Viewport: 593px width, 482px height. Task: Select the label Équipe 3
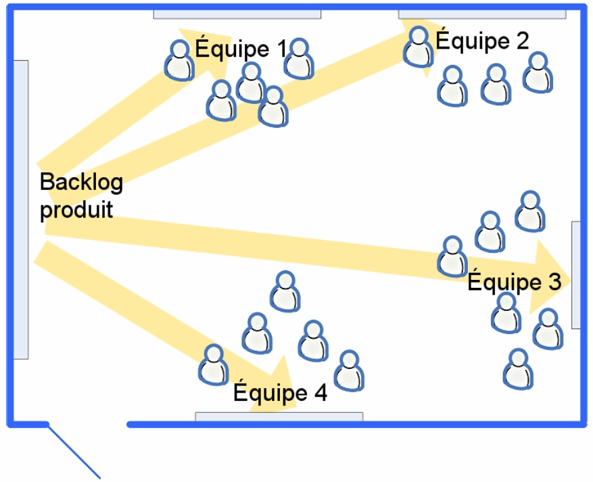pos(514,282)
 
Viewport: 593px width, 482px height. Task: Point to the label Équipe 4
pos(280,393)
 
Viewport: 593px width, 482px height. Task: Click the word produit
pos(76,210)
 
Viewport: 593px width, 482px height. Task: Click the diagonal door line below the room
pos(74,452)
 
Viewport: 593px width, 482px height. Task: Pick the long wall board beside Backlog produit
pos(21,210)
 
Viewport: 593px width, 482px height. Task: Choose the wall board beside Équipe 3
pos(575,274)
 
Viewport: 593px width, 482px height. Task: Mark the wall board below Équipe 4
pos(279,416)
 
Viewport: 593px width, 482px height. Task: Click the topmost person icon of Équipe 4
pos(285,291)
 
